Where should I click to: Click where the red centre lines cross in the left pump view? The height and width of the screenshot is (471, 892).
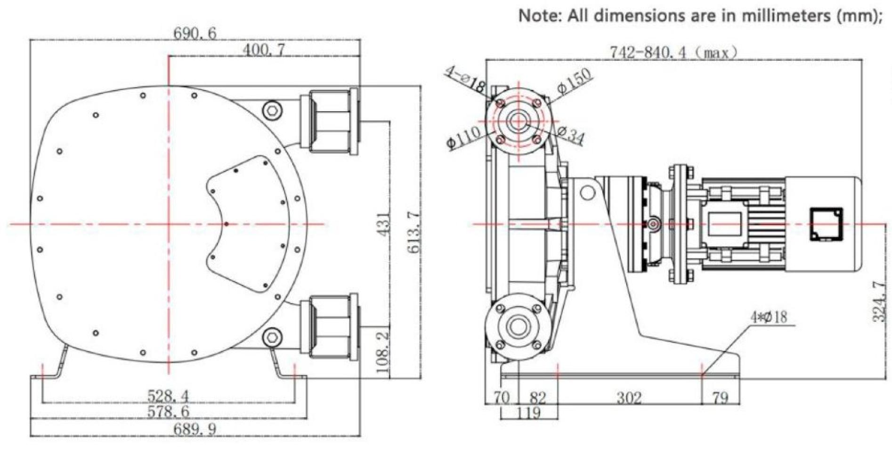pyautogui.click(x=168, y=224)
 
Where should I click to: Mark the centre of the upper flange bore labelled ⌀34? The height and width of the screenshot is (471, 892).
pyautogui.click(x=518, y=121)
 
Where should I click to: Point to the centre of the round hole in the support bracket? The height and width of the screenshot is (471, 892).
pyautogui.click(x=586, y=192)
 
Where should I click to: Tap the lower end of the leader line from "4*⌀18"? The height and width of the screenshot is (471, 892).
pyautogui.click(x=702, y=375)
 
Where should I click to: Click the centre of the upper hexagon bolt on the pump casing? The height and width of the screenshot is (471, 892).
pyautogui.click(x=271, y=110)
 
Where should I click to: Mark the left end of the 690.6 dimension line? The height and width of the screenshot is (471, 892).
pyautogui.click(x=31, y=41)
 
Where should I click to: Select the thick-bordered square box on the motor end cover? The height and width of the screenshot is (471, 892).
pyautogui.click(x=826, y=224)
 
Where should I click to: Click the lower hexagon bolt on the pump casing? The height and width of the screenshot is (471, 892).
pyautogui.click(x=271, y=337)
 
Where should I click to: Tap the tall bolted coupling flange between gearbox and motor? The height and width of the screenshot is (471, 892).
pyautogui.click(x=681, y=224)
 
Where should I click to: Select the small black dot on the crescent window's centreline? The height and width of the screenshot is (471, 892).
pyautogui.click(x=227, y=224)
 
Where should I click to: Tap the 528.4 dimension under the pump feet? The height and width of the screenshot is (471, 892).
pyautogui.click(x=168, y=396)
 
